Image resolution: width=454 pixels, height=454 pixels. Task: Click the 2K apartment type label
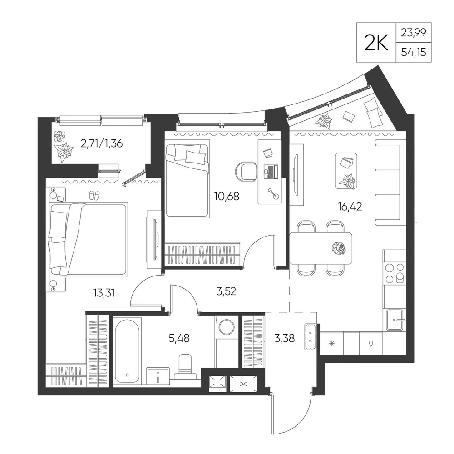coord(376,43)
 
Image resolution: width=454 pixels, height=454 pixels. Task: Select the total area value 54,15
coord(414,52)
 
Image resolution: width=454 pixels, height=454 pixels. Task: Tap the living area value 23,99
coord(414,32)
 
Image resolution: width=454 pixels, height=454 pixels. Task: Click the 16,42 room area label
coord(350,207)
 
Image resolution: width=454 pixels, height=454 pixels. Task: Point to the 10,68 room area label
coord(227,197)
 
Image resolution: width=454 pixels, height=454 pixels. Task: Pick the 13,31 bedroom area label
coord(104,293)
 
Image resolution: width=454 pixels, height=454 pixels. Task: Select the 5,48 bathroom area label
coord(179,338)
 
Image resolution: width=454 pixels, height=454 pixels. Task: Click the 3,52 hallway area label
coord(226,291)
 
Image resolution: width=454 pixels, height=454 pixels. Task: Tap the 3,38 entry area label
coord(284,338)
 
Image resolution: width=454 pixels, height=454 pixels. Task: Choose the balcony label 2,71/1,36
coord(102,143)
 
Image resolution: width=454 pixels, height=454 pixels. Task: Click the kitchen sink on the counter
coord(394,320)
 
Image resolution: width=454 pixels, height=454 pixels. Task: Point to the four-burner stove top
coord(395,273)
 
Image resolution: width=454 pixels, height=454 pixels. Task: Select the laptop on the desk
coord(271,172)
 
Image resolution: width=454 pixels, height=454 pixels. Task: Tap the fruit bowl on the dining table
coord(339,248)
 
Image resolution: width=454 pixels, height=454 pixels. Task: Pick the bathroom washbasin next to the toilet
coord(158,375)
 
